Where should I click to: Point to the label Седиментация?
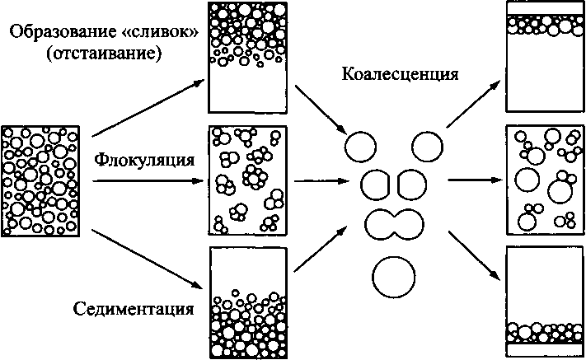tap(144, 311)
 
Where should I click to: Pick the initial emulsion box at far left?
tap(41, 180)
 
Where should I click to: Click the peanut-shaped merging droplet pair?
tap(394, 222)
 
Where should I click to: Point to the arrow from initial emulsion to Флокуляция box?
tap(148, 181)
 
